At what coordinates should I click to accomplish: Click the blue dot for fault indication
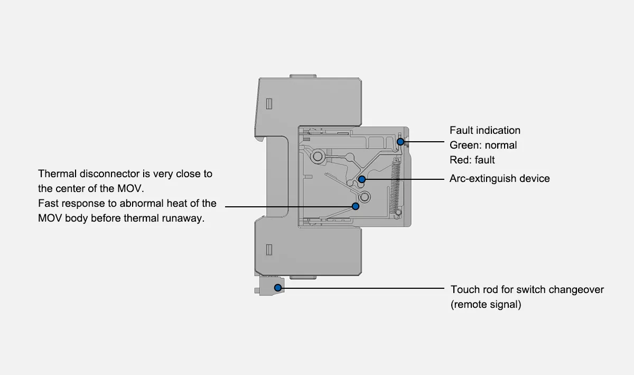point(400,142)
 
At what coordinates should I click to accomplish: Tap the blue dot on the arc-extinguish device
point(362,179)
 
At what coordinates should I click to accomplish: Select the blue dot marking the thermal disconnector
point(356,206)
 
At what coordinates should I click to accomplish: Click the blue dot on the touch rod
point(278,287)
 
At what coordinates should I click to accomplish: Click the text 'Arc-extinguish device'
point(499,179)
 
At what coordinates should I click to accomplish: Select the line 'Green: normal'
point(483,145)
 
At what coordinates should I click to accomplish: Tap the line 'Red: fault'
point(472,160)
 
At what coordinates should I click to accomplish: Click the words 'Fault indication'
point(484,130)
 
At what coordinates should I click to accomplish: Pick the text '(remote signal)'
point(486,305)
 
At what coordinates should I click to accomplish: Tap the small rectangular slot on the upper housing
point(268,103)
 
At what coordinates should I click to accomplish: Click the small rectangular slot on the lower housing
point(268,249)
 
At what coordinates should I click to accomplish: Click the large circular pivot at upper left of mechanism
point(319,156)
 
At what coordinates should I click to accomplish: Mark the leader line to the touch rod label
point(365,288)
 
